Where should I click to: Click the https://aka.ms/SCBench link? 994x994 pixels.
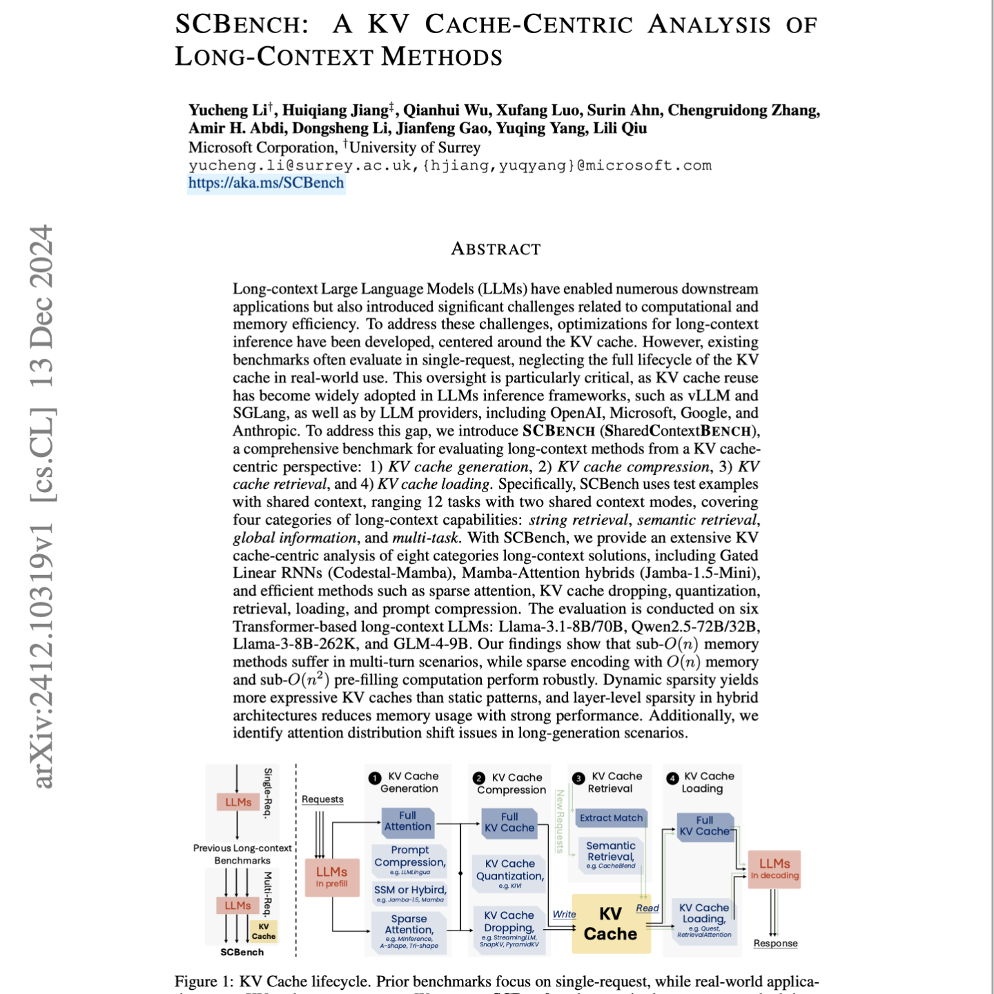266,183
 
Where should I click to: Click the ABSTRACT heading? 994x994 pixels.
496,249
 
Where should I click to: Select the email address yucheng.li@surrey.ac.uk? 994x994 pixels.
300,166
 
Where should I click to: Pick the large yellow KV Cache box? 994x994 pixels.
611,924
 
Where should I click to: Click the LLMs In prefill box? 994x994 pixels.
332,877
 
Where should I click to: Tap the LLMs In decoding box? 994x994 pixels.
774,869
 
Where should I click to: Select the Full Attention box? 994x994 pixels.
408,821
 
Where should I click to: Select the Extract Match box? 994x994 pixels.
611,818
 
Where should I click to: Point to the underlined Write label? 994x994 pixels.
564,915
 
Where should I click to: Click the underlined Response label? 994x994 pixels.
775,944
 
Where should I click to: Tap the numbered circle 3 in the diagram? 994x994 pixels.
578,779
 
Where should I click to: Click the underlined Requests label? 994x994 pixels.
322,799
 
